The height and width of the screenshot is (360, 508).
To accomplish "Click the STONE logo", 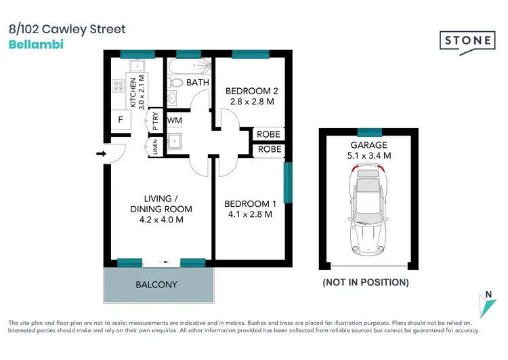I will [468, 41].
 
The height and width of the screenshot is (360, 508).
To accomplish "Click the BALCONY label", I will [157, 285].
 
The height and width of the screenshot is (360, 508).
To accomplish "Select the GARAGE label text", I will [368, 145].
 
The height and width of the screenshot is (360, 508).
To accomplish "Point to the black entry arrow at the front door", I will [101, 154].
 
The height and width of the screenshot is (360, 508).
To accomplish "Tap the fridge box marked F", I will [121, 120].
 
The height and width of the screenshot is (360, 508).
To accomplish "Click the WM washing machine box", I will [174, 121].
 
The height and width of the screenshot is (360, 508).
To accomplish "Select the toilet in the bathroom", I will [175, 83].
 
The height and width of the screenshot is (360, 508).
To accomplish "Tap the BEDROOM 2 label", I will [252, 92].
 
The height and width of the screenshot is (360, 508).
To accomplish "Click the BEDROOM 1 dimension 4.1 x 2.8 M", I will [250, 214].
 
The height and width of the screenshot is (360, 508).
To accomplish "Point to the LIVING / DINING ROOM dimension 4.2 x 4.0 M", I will [161, 220].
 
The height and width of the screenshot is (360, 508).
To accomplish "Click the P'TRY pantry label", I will [155, 121].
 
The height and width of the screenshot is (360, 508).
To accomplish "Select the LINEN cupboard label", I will [155, 146].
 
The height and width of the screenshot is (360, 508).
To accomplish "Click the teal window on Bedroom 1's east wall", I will [287, 182].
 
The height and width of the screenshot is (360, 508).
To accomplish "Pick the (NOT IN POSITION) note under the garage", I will [365, 282].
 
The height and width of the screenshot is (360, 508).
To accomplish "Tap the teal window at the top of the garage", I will [369, 132].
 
